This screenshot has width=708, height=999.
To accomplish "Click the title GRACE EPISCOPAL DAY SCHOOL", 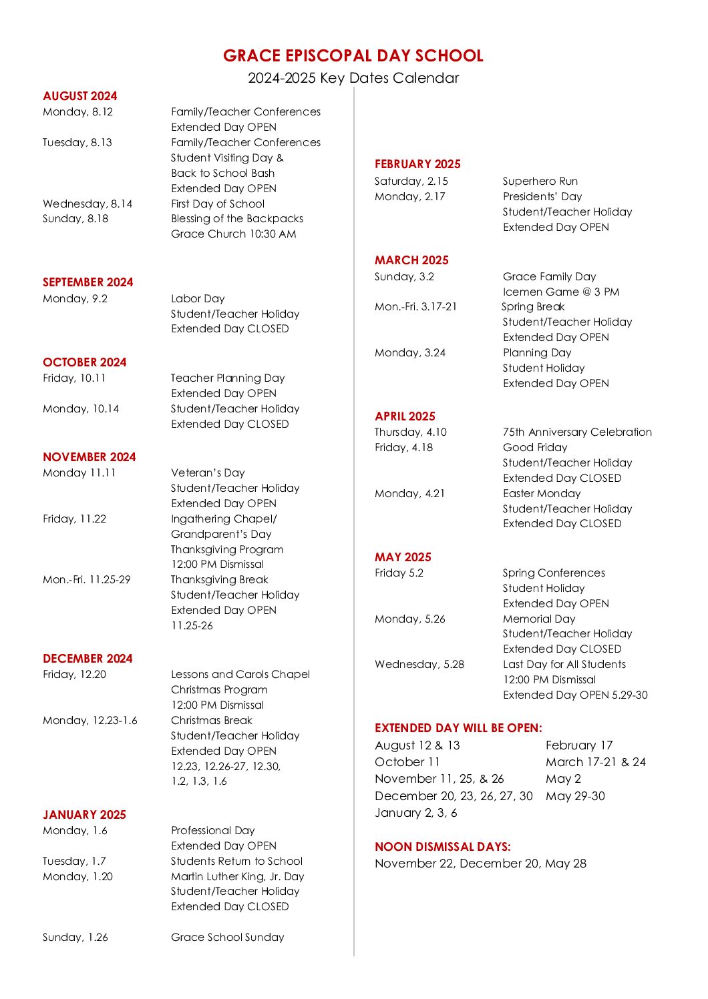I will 353,55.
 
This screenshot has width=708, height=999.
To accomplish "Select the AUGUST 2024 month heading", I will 79,96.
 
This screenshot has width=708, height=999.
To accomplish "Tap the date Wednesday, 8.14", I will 87,204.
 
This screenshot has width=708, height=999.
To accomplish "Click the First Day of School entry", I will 218,204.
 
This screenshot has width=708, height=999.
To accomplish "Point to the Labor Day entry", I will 198,298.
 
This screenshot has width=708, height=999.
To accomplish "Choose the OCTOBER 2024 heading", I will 84,362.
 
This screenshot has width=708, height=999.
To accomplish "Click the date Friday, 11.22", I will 74,519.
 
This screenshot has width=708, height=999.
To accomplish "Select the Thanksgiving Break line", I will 219,579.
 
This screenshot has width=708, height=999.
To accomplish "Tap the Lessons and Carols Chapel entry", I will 240,674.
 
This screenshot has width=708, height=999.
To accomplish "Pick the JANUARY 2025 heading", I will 84,815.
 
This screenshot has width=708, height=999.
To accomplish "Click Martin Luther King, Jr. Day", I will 237,876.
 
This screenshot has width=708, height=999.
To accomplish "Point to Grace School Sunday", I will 227,937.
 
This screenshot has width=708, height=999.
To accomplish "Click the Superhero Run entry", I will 540,181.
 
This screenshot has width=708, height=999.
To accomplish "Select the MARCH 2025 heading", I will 411,260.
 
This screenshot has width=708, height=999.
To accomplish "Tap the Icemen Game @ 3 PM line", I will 561,292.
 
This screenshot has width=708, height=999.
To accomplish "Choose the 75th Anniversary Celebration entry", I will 577,432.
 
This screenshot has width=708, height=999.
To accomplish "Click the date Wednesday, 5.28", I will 419,664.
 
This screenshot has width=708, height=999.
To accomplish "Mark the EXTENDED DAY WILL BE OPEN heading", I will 458,728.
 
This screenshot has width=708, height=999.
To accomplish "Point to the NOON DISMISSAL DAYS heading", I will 442,847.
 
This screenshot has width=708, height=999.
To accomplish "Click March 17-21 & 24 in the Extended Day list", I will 596,762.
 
